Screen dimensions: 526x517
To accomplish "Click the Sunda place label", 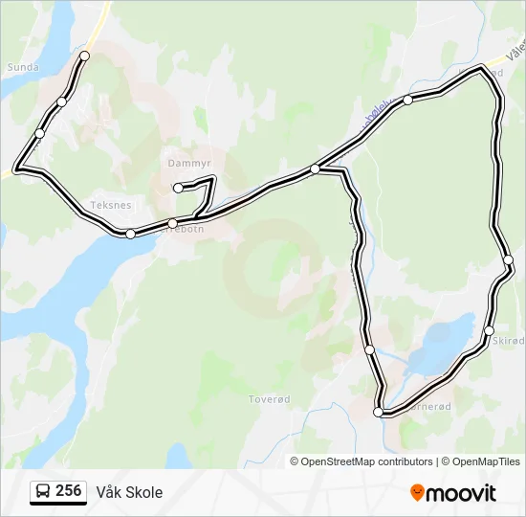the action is (x=22, y=67).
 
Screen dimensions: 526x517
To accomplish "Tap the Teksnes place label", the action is (x=110, y=205).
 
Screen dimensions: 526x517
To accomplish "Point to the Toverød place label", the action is (x=269, y=398).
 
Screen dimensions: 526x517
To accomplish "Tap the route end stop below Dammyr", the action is (x=178, y=188).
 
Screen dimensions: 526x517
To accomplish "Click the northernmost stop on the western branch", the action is (x=84, y=56).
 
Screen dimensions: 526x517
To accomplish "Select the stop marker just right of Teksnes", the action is (x=130, y=234).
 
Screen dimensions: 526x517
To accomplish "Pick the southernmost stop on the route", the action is (x=379, y=412).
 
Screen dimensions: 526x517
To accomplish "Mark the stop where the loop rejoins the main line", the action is (x=315, y=169).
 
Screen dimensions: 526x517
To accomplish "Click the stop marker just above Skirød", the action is (x=489, y=330).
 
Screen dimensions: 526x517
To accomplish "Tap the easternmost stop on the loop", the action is (x=508, y=259).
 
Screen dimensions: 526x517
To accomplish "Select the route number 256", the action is (x=68, y=491).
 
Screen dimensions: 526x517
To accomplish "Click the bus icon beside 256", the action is (x=44, y=492).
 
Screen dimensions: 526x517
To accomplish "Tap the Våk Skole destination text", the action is (x=129, y=492).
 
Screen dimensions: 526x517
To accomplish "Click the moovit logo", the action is (x=453, y=493).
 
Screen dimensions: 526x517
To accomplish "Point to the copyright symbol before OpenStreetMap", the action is (x=296, y=461).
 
